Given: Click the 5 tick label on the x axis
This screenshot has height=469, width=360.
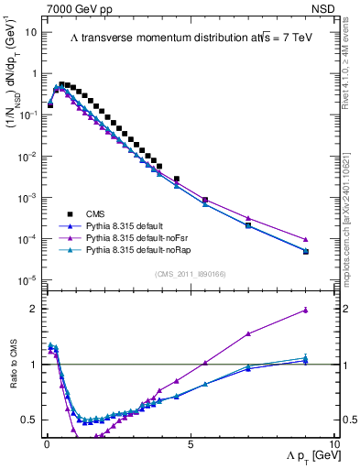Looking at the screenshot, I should [x=190, y=443].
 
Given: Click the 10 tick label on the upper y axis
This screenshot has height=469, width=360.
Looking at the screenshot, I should [x=30, y=31].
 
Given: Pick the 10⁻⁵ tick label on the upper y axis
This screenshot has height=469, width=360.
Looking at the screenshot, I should [x=27, y=280].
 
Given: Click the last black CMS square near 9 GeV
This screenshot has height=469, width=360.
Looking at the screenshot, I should [x=305, y=252].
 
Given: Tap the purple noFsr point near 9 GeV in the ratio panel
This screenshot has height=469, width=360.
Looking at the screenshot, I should [x=305, y=311].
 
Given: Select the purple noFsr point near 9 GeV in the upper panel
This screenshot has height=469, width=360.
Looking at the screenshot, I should [x=305, y=240].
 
